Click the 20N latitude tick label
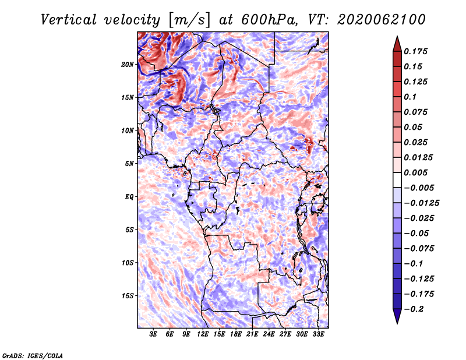point(127,65)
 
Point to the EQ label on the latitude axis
point(129,197)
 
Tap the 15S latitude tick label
point(127,296)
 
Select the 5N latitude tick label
point(129,164)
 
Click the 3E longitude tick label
point(153,334)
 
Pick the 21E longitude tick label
point(252,334)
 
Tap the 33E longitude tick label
point(318,334)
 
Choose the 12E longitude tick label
point(202,334)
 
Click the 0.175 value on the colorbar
point(415,52)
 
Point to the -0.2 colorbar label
point(414,309)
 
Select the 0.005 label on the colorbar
point(415,172)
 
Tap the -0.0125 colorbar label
point(421,203)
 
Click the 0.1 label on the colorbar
point(410,97)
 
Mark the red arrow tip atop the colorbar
point(397,36)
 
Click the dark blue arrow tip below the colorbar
point(397,323)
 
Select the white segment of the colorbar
point(397,180)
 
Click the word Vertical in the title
point(69,20)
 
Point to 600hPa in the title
point(269,20)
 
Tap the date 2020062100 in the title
point(382,20)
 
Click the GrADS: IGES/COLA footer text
point(33,356)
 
